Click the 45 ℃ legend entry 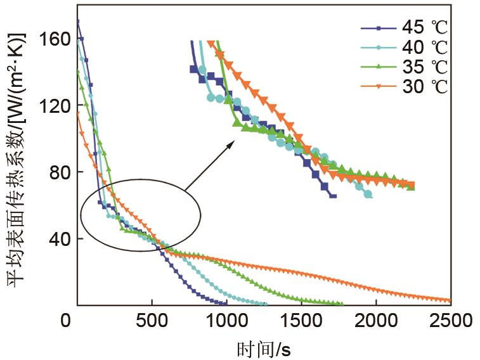click(x=403, y=28)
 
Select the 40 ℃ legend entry click(x=403, y=47)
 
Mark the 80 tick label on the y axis click(x=58, y=172)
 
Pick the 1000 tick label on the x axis click(x=226, y=321)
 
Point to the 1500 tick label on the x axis click(x=301, y=321)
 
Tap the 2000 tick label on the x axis click(x=376, y=321)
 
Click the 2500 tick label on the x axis click(x=451, y=321)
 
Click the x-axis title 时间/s click(x=263, y=348)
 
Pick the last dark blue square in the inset click(x=333, y=196)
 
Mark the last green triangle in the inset click(x=411, y=186)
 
